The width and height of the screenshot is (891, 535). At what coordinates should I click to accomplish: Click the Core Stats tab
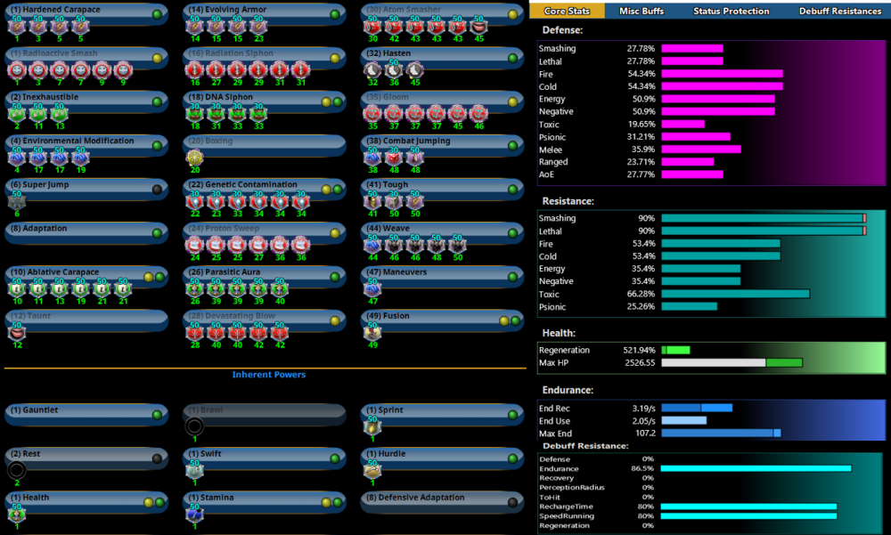pyautogui.click(x=568, y=11)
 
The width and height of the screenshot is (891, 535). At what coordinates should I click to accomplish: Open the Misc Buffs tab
pyautogui.click(x=642, y=11)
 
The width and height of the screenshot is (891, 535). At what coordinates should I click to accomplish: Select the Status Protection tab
pyautogui.click(x=731, y=11)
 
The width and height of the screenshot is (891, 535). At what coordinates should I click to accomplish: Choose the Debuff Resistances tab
pyautogui.click(x=840, y=11)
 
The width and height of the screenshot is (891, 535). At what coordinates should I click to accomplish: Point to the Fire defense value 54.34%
pyautogui.click(x=642, y=74)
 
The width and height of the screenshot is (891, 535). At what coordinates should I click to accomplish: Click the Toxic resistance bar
pyautogui.click(x=735, y=294)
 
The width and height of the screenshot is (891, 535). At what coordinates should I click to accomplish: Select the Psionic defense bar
pyautogui.click(x=695, y=137)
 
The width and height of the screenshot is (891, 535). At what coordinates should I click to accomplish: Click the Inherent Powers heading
pyautogui.click(x=268, y=375)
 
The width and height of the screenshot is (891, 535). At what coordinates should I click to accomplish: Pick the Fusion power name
pyautogui.click(x=396, y=316)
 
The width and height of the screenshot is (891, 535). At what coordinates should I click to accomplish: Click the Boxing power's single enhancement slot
pyautogui.click(x=195, y=157)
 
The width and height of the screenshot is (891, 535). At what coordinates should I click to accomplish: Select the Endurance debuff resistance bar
pyautogui.click(x=755, y=468)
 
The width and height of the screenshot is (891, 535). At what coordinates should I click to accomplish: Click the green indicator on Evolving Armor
pyautogui.click(x=335, y=14)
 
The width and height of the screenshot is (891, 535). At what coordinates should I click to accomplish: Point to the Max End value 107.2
pyautogui.click(x=646, y=433)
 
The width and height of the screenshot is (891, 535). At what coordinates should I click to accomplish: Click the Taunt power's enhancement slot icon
pyautogui.click(x=17, y=331)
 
